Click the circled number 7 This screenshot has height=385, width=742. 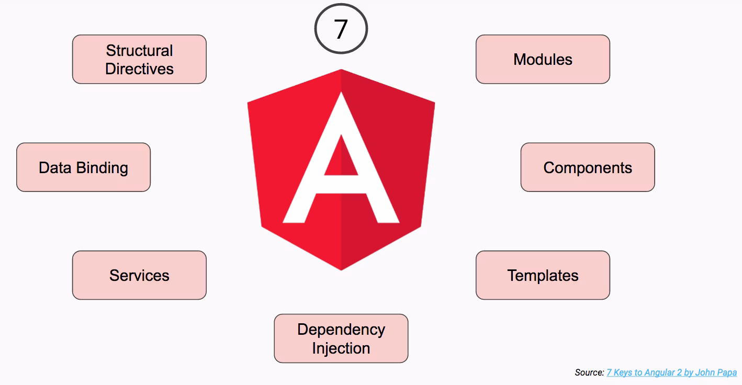[x=341, y=29]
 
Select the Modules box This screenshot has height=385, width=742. [x=543, y=59]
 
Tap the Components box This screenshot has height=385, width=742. [x=588, y=167]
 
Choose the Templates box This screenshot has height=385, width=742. [x=543, y=275]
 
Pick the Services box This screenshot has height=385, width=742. [x=139, y=275]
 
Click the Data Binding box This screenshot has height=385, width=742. [x=83, y=167]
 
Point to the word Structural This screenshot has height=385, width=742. [x=139, y=50]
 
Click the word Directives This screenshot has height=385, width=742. [x=139, y=69]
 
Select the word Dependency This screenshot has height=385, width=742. [x=341, y=330]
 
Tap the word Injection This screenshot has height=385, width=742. [x=341, y=348]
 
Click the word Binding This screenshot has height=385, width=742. [x=102, y=167]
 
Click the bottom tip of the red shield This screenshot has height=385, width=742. [x=341, y=268]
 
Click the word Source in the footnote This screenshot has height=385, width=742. [x=589, y=372]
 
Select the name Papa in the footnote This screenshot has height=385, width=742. [x=727, y=372]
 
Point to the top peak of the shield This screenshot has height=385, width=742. [x=341, y=71]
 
